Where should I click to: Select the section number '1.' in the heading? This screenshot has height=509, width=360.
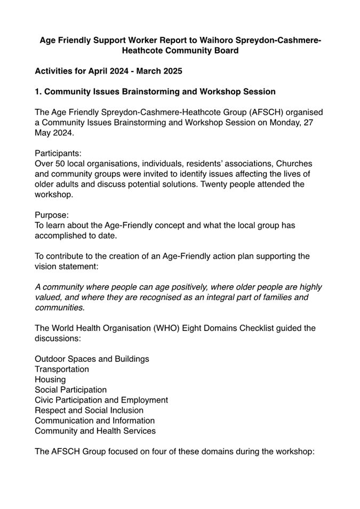pyautogui.click(x=38, y=92)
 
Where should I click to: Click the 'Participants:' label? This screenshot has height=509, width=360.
pyautogui.click(x=58, y=153)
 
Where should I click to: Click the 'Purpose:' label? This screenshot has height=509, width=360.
pyautogui.click(x=52, y=215)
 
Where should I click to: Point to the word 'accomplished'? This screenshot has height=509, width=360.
pyautogui.click(x=61, y=236)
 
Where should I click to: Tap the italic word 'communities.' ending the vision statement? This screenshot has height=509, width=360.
pyautogui.click(x=59, y=308)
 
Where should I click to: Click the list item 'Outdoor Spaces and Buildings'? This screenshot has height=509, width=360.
pyautogui.click(x=92, y=359)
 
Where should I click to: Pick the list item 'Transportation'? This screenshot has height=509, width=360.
pyautogui.click(x=62, y=369)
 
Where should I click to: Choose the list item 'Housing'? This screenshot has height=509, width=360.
pyautogui.click(x=50, y=379)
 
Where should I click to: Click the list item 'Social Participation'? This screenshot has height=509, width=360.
pyautogui.click(x=70, y=390)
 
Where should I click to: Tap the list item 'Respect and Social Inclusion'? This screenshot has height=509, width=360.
pyautogui.click(x=89, y=410)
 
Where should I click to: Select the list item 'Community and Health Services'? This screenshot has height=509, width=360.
pyautogui.click(x=95, y=431)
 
